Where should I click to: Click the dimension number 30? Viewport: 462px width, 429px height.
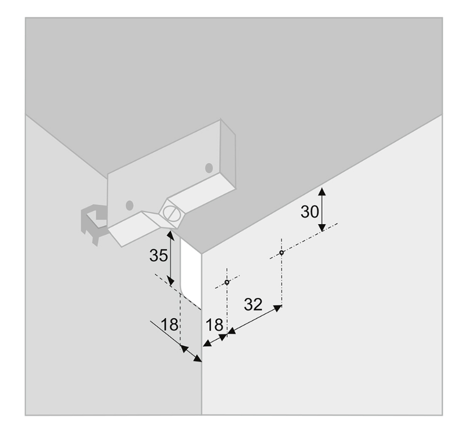click(x=309, y=212)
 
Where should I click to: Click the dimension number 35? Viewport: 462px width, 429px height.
click(x=159, y=256)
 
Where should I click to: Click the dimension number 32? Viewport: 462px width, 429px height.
click(x=253, y=304)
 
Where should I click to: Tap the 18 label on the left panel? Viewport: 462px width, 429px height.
click(x=170, y=324)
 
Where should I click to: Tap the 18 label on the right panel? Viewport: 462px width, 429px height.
click(x=214, y=325)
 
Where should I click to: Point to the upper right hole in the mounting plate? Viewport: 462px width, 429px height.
click(x=209, y=168)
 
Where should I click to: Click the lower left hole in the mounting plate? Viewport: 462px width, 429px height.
click(x=129, y=206)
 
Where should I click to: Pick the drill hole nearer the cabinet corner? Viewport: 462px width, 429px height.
click(x=227, y=282)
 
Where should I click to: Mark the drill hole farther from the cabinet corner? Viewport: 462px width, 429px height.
click(x=282, y=253)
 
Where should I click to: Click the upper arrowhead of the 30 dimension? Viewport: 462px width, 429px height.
click(x=322, y=191)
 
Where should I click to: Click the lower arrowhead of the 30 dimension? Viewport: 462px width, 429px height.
click(x=322, y=227)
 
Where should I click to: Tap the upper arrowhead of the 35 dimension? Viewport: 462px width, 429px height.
click(x=170, y=235)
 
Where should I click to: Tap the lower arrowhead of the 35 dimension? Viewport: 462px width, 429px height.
click(x=171, y=281)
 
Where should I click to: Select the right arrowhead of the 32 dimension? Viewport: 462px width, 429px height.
click(x=277, y=308)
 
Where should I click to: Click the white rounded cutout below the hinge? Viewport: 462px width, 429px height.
click(x=191, y=271)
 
